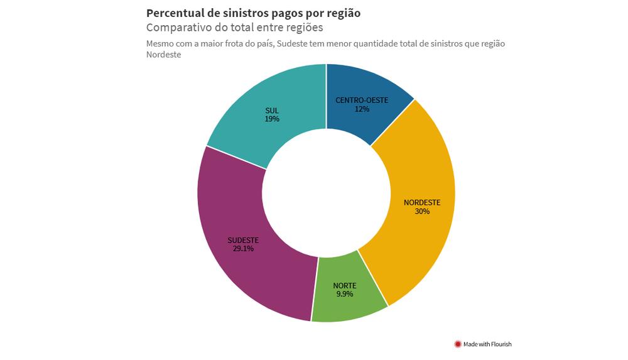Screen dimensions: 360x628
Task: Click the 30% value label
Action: (422, 212)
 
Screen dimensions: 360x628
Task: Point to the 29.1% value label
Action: (243, 248)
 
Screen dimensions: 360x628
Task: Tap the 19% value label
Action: (272, 119)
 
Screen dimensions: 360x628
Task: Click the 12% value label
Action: (362, 109)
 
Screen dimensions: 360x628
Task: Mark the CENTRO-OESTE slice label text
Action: (362, 100)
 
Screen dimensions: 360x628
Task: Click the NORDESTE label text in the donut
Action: (422, 202)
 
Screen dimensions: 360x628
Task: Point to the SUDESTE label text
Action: (243, 239)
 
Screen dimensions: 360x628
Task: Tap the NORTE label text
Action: (344, 285)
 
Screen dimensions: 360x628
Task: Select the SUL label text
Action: (272, 111)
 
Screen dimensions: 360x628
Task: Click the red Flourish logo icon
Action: (458, 344)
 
